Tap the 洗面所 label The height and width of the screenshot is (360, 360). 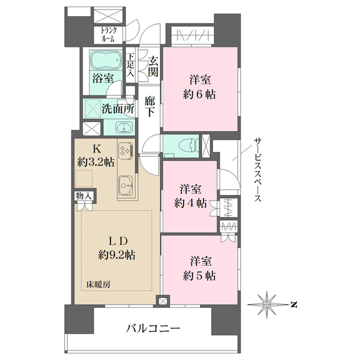coord(118,109)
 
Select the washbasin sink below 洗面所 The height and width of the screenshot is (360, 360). coord(124,127)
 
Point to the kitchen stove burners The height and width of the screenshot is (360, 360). coord(126,149)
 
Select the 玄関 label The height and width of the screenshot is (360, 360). coord(153,67)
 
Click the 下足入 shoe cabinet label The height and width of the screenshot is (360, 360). coord(131,65)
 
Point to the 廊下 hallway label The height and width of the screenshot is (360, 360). coord(149,107)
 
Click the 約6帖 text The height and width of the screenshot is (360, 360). coord(199,94)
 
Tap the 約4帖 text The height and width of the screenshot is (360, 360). coord(190,203)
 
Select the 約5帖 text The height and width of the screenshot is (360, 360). coord(199,276)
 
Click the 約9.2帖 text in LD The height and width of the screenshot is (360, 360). coord(117,255)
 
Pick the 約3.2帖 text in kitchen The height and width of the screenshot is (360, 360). coord(96,163)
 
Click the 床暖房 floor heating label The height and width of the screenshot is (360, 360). coord(98,284)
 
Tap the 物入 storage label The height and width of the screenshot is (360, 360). coord(84,196)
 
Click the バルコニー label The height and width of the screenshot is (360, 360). coord(154,329)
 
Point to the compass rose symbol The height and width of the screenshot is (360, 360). coord(267,304)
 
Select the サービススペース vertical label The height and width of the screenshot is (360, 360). coord(257,170)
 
